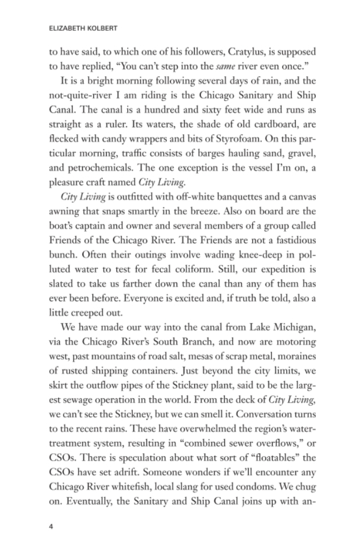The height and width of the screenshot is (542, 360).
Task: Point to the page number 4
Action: (51, 526)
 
